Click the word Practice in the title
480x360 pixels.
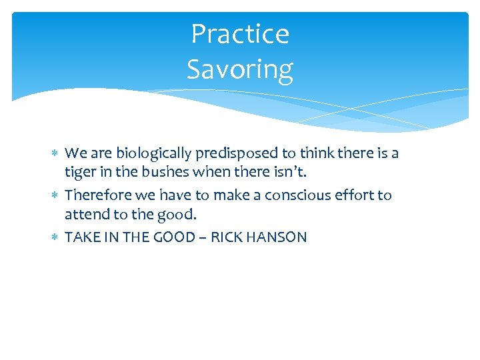coord(240,34)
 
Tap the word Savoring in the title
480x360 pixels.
coord(240,69)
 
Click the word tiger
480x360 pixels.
coord(80,173)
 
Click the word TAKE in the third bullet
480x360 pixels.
coord(81,237)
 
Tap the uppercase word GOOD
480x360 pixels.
coord(173,237)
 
